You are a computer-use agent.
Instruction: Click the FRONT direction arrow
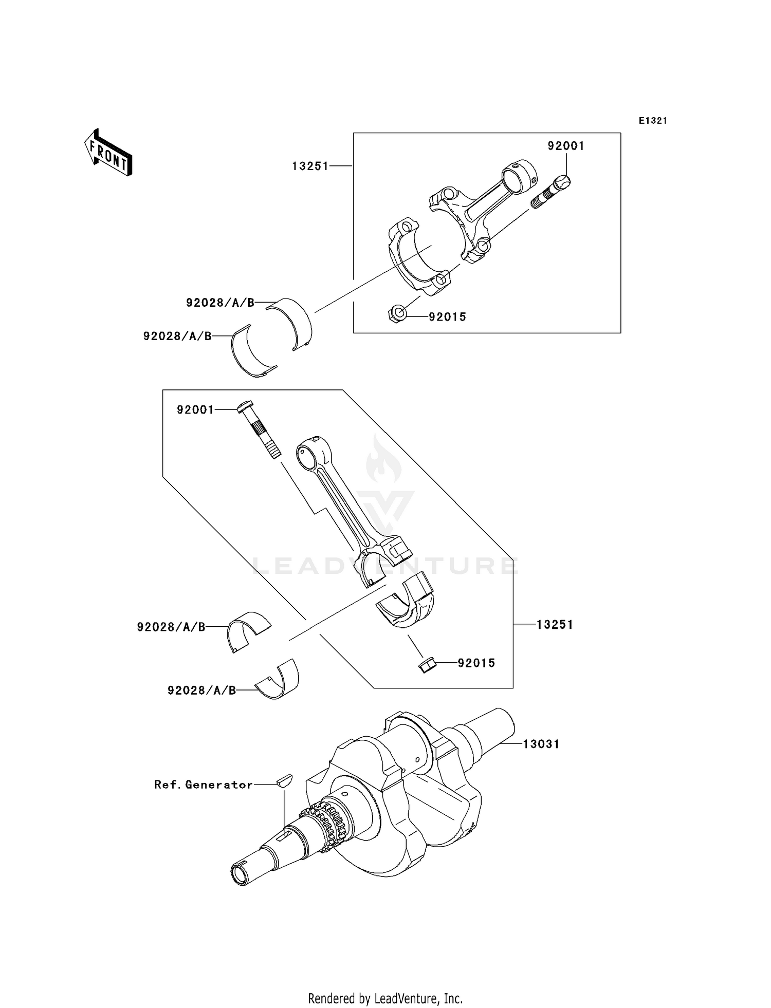(108, 153)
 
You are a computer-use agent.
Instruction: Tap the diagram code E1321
(653, 121)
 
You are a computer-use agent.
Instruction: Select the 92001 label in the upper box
(565, 146)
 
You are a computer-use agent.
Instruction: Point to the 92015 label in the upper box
(447, 317)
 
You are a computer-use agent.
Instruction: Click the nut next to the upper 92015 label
(397, 313)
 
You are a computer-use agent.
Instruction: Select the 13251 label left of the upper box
(310, 166)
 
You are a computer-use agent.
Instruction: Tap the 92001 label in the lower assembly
(195, 409)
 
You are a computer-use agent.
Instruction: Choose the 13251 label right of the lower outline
(555, 625)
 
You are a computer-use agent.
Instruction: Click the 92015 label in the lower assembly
(476, 663)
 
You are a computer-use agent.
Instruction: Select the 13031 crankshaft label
(541, 744)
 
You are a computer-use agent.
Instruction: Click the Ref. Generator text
(204, 785)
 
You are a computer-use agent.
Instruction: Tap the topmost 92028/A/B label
(220, 303)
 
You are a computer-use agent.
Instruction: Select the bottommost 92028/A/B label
(201, 690)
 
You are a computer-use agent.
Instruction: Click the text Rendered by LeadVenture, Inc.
(385, 998)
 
